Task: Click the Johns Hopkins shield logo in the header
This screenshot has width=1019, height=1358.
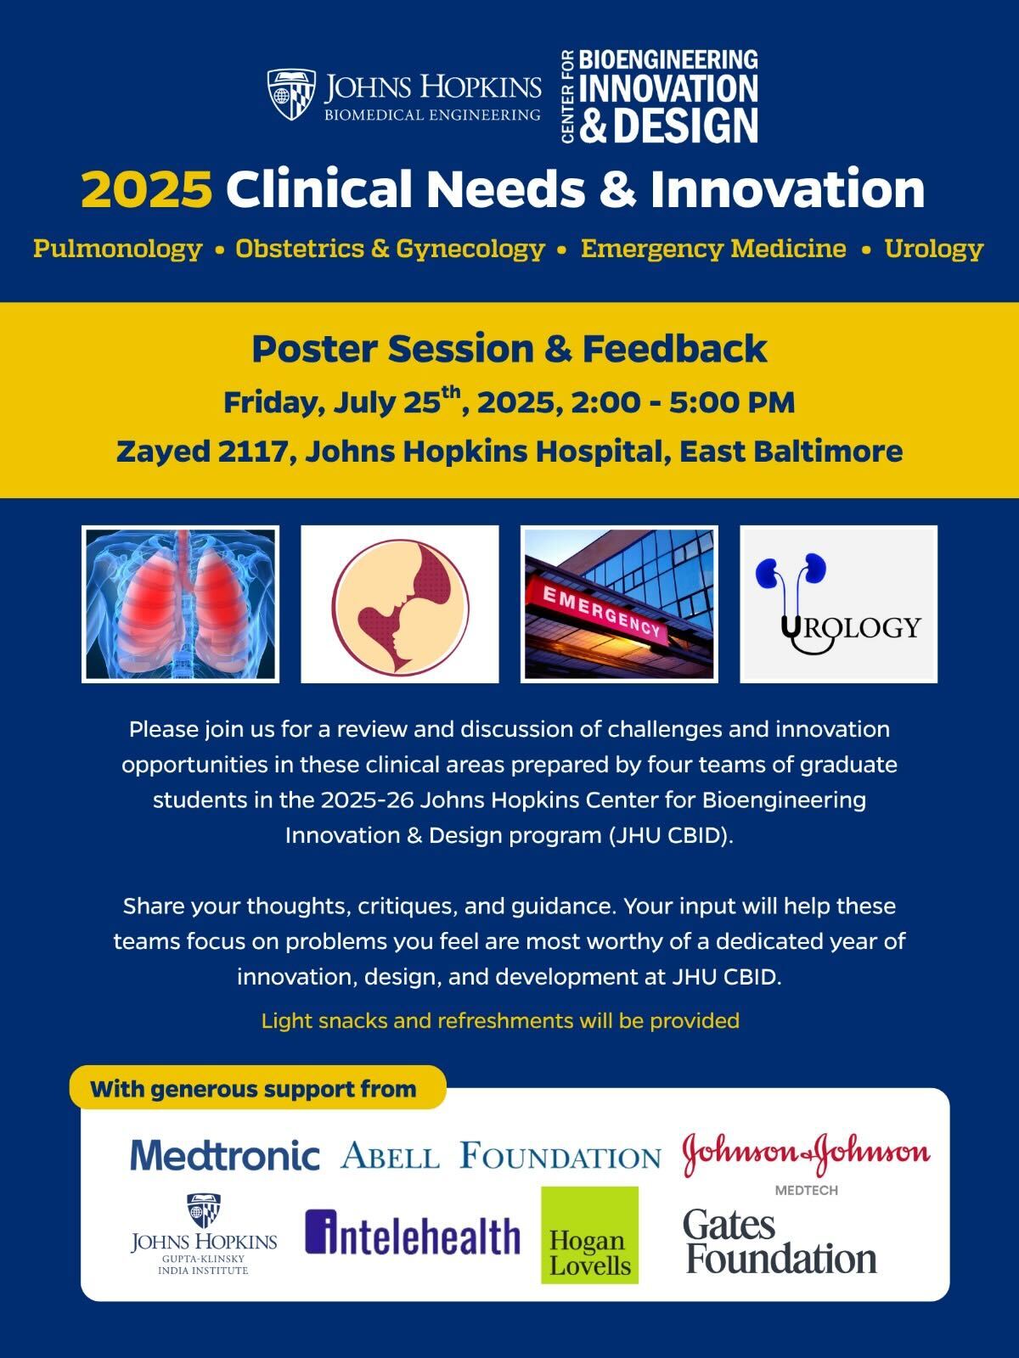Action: pos(291,94)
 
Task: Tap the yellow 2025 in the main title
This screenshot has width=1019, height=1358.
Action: pos(147,188)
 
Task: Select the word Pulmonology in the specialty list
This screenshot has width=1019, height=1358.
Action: pos(117,249)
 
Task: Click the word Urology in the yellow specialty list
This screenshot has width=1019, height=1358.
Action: pos(933,249)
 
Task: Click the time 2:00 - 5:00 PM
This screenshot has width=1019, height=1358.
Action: pos(683,403)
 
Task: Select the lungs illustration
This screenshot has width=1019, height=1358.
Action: pos(181,604)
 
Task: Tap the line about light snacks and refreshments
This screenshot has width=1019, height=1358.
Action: pos(500,1020)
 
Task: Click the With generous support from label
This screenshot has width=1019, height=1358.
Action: pos(254,1089)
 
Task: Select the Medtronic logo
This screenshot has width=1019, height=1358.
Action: pos(225,1154)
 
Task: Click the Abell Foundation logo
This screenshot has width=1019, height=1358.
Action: pos(500,1154)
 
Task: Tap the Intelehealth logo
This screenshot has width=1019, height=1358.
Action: pos(413,1233)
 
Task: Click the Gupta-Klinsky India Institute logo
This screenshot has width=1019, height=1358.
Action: pos(204,1234)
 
